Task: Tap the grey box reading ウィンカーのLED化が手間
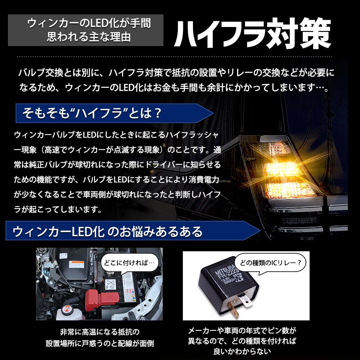86,30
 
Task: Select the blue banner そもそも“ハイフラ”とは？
114,113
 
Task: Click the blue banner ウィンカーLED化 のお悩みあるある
133,231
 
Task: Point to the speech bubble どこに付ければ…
130,263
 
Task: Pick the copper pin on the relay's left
233,309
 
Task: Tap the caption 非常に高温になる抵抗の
100,332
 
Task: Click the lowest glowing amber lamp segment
290,190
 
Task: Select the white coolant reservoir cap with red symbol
67,311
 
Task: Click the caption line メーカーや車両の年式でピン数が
242,330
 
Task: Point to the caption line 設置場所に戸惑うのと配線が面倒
100,343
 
